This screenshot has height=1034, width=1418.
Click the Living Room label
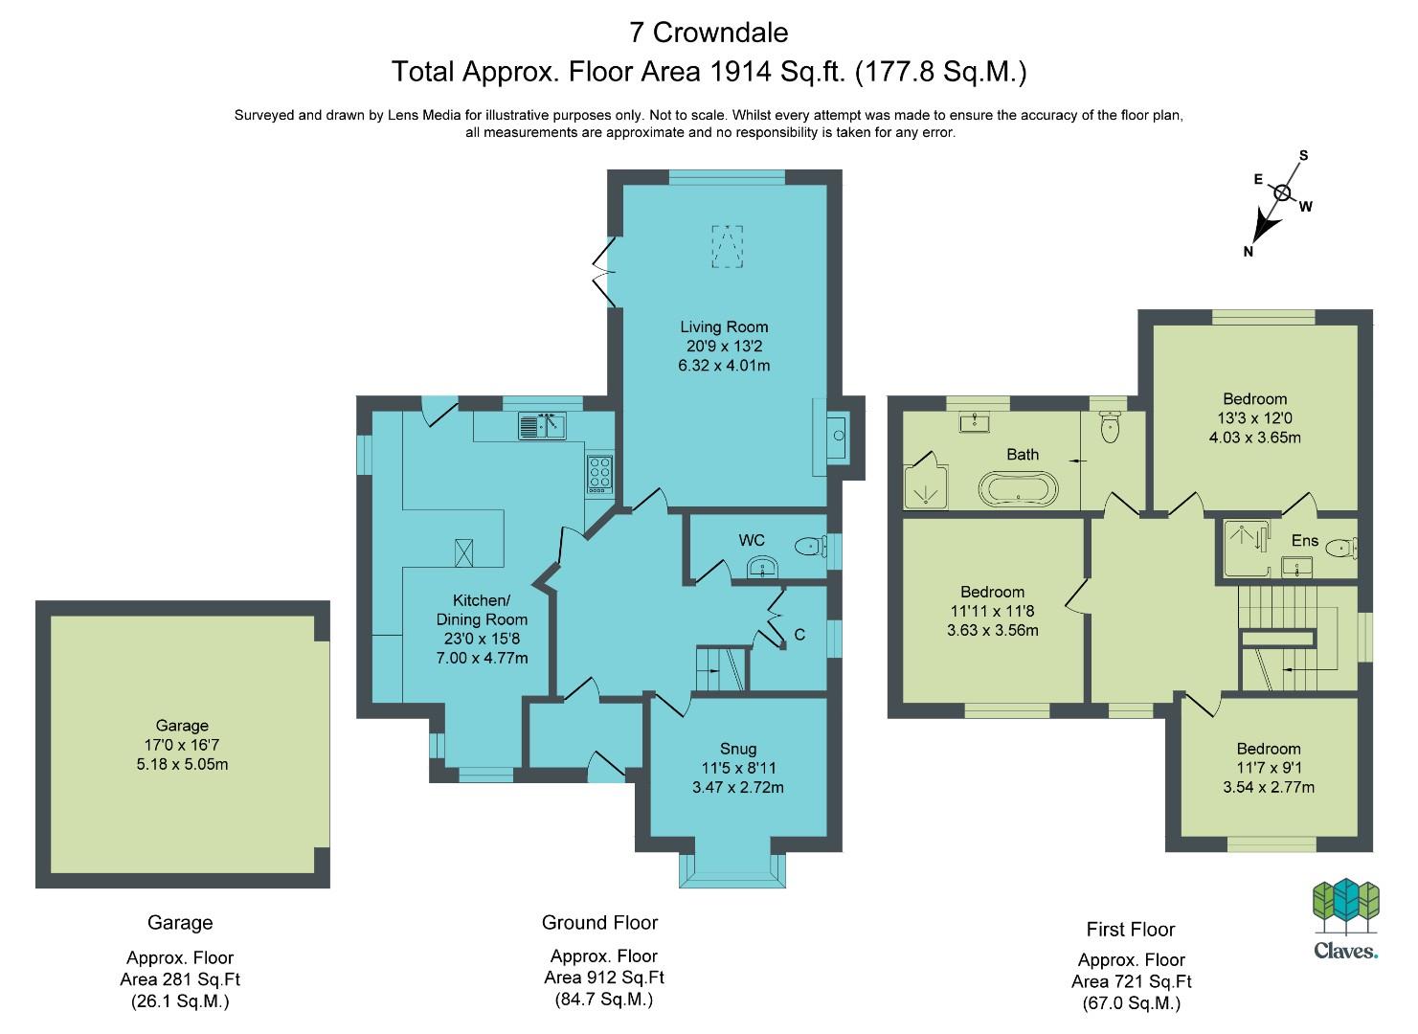click(724, 327)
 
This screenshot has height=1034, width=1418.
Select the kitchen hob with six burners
click(599, 474)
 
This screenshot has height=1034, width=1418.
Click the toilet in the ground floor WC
click(810, 547)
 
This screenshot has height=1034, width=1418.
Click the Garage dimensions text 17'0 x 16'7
click(182, 745)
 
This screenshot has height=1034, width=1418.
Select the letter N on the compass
click(1248, 252)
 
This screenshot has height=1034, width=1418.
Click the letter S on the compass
click(1303, 155)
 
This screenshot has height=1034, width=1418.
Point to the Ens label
click(1305, 541)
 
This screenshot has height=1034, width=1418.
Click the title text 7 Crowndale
click(709, 33)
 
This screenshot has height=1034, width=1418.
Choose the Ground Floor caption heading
click(599, 923)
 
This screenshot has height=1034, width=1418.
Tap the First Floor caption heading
click(1131, 930)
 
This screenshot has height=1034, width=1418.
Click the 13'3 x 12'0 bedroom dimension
click(1254, 417)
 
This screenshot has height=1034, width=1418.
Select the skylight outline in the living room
click(728, 246)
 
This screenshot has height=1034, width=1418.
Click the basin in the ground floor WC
click(763, 568)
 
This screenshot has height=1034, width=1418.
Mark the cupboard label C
click(799, 635)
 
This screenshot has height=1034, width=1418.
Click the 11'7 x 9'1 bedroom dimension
click(1269, 768)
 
